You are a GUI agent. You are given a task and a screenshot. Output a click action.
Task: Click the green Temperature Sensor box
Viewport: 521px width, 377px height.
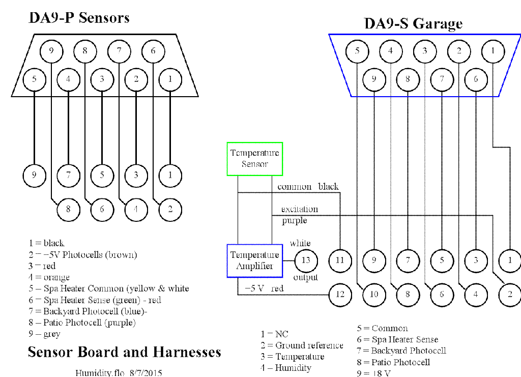pyautogui.click(x=254, y=159)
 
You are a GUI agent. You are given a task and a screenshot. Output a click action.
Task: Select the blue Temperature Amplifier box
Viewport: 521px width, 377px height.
pyautogui.click(x=254, y=260)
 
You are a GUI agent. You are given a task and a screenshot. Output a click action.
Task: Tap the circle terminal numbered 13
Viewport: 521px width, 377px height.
pyautogui.click(x=306, y=260)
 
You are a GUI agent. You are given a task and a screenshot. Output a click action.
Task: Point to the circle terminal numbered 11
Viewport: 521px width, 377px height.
pyautogui.click(x=340, y=260)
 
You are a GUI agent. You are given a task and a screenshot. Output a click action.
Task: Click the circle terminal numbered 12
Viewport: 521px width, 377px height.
pyautogui.click(x=340, y=294)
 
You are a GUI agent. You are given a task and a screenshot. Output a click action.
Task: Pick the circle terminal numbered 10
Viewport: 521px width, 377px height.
pyautogui.click(x=374, y=294)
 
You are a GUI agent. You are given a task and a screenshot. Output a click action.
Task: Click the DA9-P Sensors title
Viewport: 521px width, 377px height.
pyautogui.click(x=79, y=18)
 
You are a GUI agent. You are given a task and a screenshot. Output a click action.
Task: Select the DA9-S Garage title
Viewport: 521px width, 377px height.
pyautogui.click(x=413, y=24)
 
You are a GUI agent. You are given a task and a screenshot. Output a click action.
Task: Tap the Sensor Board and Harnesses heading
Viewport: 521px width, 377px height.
pyautogui.click(x=124, y=352)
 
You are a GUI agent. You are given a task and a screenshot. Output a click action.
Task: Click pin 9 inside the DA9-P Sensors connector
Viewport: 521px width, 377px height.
pyautogui.click(x=51, y=51)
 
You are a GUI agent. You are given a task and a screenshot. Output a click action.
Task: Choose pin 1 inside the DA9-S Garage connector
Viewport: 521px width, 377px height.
pyautogui.click(x=493, y=51)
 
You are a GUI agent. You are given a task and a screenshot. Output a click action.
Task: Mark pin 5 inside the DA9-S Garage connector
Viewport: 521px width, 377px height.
pyautogui.click(x=357, y=51)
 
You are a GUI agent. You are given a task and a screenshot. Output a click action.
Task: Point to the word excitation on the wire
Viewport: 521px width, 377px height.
pyautogui.click(x=300, y=209)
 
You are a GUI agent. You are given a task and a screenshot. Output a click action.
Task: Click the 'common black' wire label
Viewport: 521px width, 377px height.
pyautogui.click(x=308, y=187)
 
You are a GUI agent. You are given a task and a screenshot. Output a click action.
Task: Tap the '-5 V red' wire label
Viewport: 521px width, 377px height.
pyautogui.click(x=264, y=288)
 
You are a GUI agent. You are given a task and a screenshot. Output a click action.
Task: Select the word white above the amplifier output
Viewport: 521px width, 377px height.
pyautogui.click(x=300, y=243)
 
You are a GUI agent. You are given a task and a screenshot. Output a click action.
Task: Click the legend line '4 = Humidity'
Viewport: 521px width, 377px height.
pyautogui.click(x=285, y=368)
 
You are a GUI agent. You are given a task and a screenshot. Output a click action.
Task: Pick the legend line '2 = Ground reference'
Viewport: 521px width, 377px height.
pyautogui.click(x=302, y=345)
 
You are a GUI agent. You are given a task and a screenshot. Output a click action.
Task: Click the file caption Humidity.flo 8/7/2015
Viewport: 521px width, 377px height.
pyautogui.click(x=119, y=373)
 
